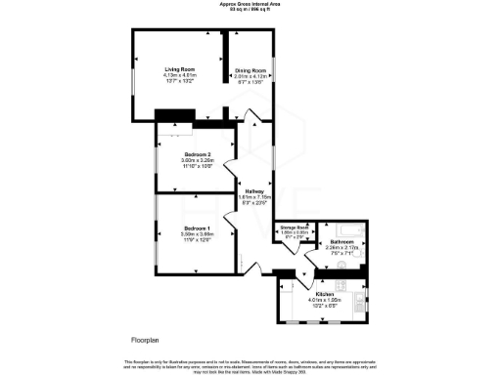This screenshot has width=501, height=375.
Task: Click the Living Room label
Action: coord(179,70)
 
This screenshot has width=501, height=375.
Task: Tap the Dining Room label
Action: coord(250,70)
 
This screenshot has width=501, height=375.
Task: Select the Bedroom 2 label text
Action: coord(198,155)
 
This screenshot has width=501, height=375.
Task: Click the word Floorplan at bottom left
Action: coord(146,340)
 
